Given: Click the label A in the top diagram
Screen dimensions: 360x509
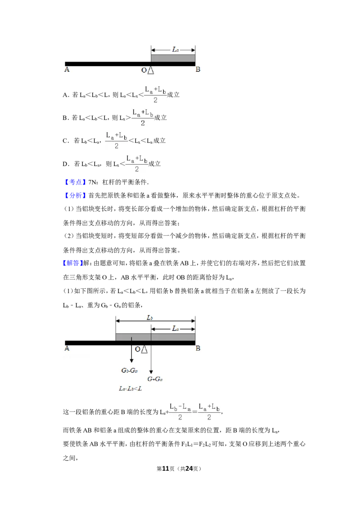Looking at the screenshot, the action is tap(67, 69).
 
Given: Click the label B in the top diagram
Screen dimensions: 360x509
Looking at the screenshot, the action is tap(198, 69).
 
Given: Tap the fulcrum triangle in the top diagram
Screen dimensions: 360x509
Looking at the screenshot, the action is tap(151, 70).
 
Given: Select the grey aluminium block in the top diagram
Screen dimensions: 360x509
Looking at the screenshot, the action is tap(173, 58).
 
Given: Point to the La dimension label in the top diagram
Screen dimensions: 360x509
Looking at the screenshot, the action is tap(175, 49).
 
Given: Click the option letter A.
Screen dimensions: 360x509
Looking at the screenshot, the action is tap(65, 95).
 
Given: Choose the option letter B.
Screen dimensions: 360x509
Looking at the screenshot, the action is tap(65, 118).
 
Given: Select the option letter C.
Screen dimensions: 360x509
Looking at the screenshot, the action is tap(65, 141).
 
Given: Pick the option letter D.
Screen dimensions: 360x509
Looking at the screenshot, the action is tap(65, 164).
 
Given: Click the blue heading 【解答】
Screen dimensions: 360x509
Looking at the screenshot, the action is tap(73, 263).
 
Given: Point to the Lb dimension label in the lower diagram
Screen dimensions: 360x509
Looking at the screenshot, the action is tap(150, 317).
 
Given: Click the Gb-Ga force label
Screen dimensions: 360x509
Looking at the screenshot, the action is tap(129, 371).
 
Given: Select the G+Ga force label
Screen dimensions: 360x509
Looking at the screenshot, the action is tap(155, 379).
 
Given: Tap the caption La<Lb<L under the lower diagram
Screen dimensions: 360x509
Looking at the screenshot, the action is tap(130, 388).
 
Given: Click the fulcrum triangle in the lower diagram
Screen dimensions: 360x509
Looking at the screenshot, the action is tap(144, 349).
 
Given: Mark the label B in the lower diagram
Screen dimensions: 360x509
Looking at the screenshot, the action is tap(198, 348).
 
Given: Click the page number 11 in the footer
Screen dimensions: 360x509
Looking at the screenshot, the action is tap(166, 469).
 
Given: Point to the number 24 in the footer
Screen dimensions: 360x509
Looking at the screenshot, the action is tap(189, 469).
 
